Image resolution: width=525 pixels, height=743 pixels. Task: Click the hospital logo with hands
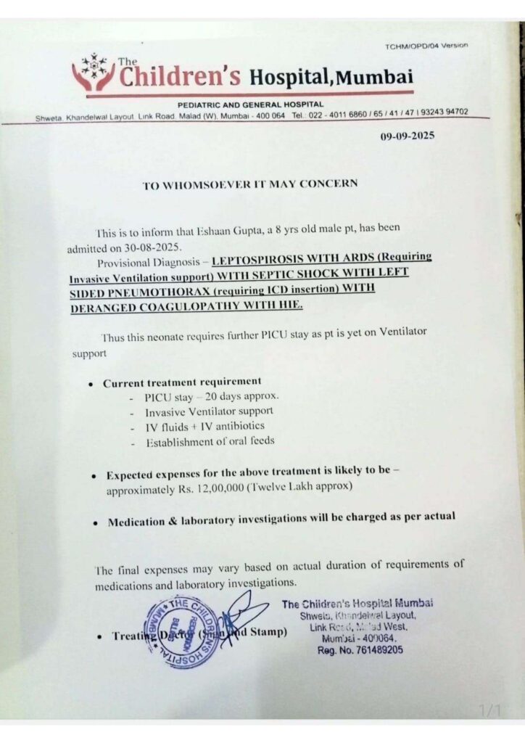[x=94, y=73]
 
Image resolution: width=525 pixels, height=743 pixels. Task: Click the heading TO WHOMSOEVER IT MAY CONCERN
[x=250, y=184]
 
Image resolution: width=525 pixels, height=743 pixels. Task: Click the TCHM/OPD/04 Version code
[x=426, y=46]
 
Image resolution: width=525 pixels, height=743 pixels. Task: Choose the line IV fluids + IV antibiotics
[x=204, y=427]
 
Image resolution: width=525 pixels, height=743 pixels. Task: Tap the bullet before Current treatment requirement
[x=89, y=383]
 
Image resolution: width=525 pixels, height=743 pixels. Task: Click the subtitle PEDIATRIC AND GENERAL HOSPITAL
[x=250, y=104]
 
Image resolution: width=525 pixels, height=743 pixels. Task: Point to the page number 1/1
[x=489, y=710]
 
